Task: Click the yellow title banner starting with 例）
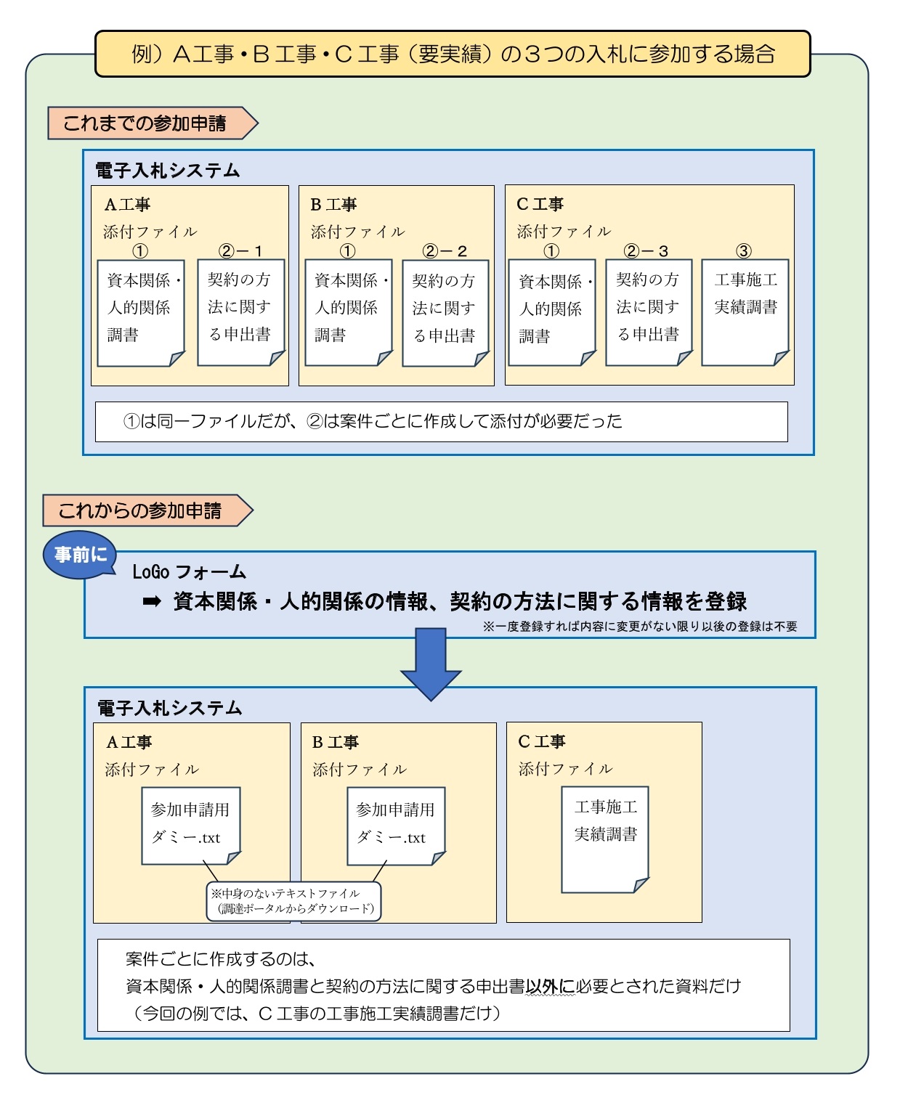pyautogui.click(x=453, y=54)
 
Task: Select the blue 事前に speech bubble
pyautogui.click(x=81, y=555)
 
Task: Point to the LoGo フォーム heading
pyautogui.click(x=189, y=572)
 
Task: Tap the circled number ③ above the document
pyautogui.click(x=744, y=251)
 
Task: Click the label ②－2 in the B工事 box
pyautogui.click(x=445, y=251)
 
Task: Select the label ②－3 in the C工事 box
pyautogui.click(x=646, y=251)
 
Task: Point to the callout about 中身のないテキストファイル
pyautogui.click(x=294, y=901)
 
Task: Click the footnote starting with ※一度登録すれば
pyautogui.click(x=639, y=627)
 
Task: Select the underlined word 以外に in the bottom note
pyautogui.click(x=550, y=986)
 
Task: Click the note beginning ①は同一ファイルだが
pyautogui.click(x=373, y=421)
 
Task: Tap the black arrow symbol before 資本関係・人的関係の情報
pyautogui.click(x=152, y=601)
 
